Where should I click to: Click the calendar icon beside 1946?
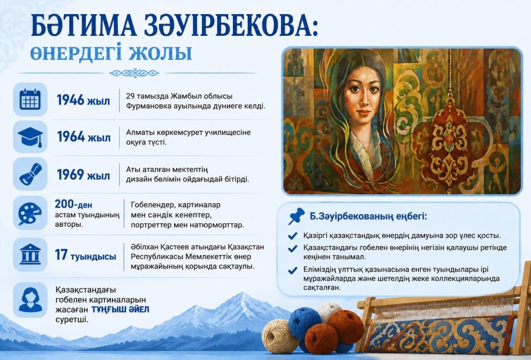(x=30, y=99)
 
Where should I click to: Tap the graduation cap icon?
(x=30, y=137)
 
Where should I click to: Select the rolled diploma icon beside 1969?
(x=30, y=174)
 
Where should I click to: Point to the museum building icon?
(x=30, y=254)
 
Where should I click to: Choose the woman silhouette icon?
(x=31, y=300)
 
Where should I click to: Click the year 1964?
(x=71, y=137)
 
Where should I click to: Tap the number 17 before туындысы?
(x=61, y=254)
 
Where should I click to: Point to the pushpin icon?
(x=296, y=216)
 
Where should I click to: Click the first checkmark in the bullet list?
(x=292, y=235)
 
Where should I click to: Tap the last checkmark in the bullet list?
(x=292, y=270)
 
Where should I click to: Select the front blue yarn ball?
(x=305, y=323)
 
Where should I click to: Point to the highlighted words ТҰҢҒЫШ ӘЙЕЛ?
(x=120, y=309)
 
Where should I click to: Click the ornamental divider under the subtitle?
(x=134, y=73)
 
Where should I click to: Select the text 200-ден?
(x=73, y=204)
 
